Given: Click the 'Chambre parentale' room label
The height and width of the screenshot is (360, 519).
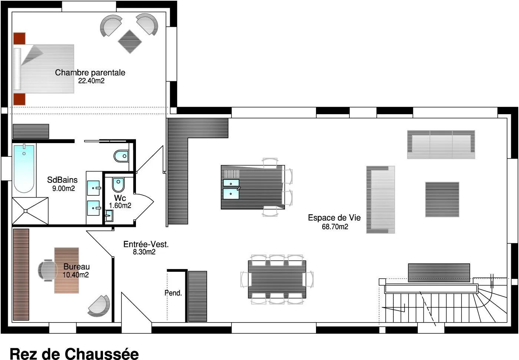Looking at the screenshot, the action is click(90, 73).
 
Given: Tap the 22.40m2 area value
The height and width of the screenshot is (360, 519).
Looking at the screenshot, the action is click(91, 81).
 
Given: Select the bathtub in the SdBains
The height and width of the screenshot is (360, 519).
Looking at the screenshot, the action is click(24, 168).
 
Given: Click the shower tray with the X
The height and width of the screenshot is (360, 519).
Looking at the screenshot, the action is click(30, 211).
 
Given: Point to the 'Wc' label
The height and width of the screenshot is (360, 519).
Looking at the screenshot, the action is click(120, 198).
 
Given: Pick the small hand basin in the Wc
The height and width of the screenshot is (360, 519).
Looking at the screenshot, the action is click(109, 216).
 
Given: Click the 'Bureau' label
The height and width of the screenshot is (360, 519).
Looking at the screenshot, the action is click(76, 267).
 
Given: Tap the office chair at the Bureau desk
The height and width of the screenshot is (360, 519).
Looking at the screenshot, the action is click(47, 270).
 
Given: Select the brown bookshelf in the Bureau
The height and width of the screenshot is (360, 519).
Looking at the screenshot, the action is click(21, 275).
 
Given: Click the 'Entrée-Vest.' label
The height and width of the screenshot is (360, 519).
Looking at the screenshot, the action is click(146, 244).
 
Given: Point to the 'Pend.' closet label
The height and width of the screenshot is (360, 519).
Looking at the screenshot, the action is click(173, 293).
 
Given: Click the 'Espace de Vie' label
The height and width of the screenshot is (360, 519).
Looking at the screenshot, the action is click(335, 218).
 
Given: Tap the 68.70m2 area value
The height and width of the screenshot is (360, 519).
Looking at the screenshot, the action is click(335, 227).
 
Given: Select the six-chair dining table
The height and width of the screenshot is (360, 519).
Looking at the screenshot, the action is click(277, 279).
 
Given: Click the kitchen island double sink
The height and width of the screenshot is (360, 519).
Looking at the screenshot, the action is click(231, 189).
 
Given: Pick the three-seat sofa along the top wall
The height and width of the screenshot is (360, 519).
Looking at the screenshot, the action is click(441, 145).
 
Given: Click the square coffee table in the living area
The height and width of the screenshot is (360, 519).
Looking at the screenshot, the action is click(442, 199).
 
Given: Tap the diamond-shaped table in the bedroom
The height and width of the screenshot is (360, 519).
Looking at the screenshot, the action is click(130, 42).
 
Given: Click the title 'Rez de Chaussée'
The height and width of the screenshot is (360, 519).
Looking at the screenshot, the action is click(74, 353).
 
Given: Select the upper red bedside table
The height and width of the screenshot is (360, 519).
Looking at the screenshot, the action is click(20, 39).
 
